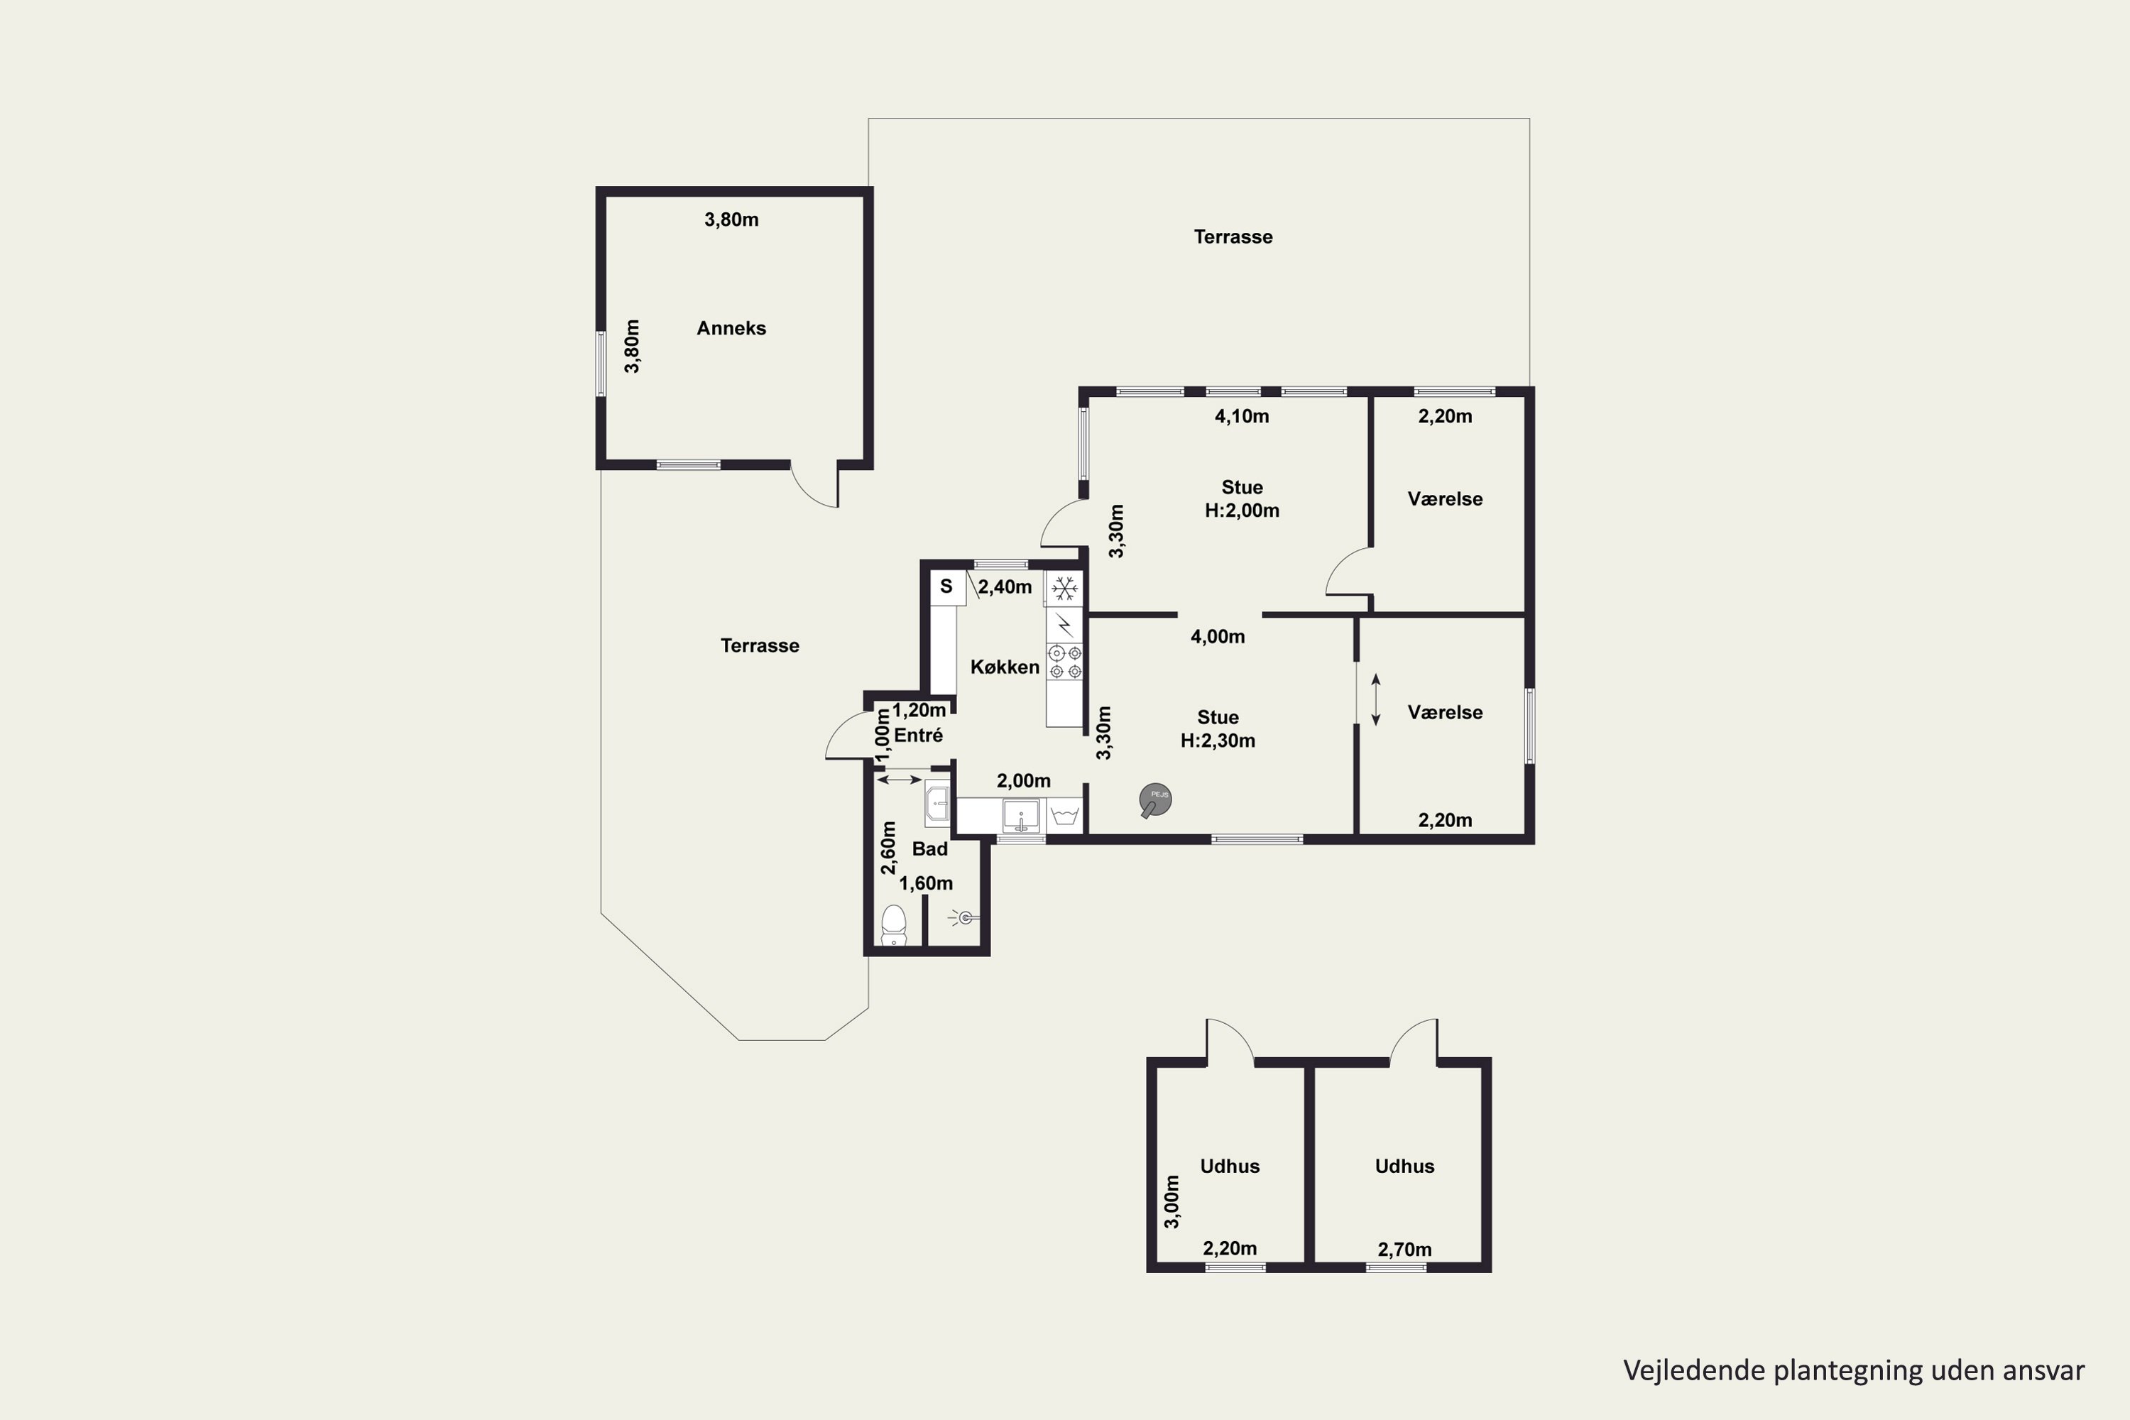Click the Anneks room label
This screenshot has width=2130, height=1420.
pyautogui.click(x=731, y=328)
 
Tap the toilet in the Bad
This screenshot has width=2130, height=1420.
pyautogui.click(x=894, y=924)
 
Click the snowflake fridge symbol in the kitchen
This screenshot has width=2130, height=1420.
pyautogui.click(x=1065, y=589)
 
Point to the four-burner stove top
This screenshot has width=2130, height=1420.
pyautogui.click(x=1065, y=662)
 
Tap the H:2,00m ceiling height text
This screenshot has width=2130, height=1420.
pyautogui.click(x=1242, y=510)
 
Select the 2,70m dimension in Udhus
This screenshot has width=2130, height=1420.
pyautogui.click(x=1404, y=1250)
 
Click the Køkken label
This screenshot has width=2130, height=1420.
pyautogui.click(x=1005, y=667)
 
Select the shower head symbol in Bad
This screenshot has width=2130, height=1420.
pyautogui.click(x=963, y=918)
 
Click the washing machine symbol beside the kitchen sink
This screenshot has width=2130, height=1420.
pyautogui.click(x=1065, y=815)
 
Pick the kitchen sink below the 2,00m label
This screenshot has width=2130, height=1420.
pyautogui.click(x=1021, y=815)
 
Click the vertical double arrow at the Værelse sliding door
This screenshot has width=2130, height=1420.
pyautogui.click(x=1376, y=700)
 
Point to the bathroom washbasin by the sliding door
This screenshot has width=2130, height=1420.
pyautogui.click(x=937, y=803)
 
